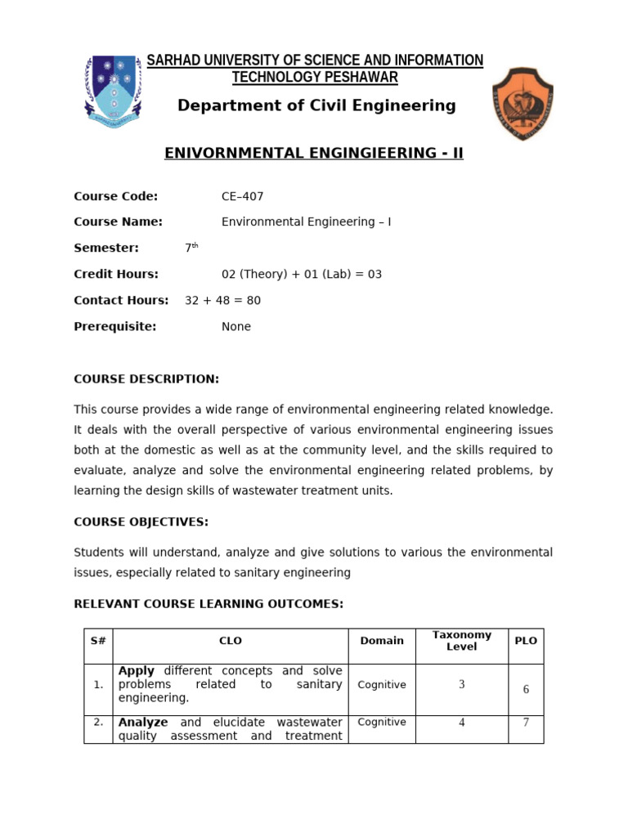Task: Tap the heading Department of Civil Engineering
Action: pyautogui.click(x=316, y=105)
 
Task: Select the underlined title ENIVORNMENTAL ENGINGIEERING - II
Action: pyautogui.click(x=314, y=153)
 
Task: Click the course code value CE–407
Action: pyautogui.click(x=243, y=196)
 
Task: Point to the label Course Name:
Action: pyautogui.click(x=118, y=222)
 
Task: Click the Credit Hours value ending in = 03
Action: pyautogui.click(x=302, y=275)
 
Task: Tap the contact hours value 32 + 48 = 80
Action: pyautogui.click(x=222, y=301)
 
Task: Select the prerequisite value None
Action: pyautogui.click(x=236, y=327)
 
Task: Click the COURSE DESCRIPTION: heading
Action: pyautogui.click(x=146, y=379)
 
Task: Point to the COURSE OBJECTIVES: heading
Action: pyautogui.click(x=141, y=522)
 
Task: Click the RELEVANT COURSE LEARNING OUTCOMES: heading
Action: pyautogui.click(x=209, y=604)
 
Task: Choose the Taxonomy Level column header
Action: pyautogui.click(x=461, y=641)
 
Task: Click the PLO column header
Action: pyautogui.click(x=526, y=641)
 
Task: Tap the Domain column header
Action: pyautogui.click(x=382, y=641)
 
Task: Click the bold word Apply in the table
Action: pyautogui.click(x=137, y=671)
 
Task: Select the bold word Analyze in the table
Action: pyautogui.click(x=143, y=723)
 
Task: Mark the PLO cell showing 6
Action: pyautogui.click(x=526, y=689)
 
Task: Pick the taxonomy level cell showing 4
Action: pyautogui.click(x=461, y=723)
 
